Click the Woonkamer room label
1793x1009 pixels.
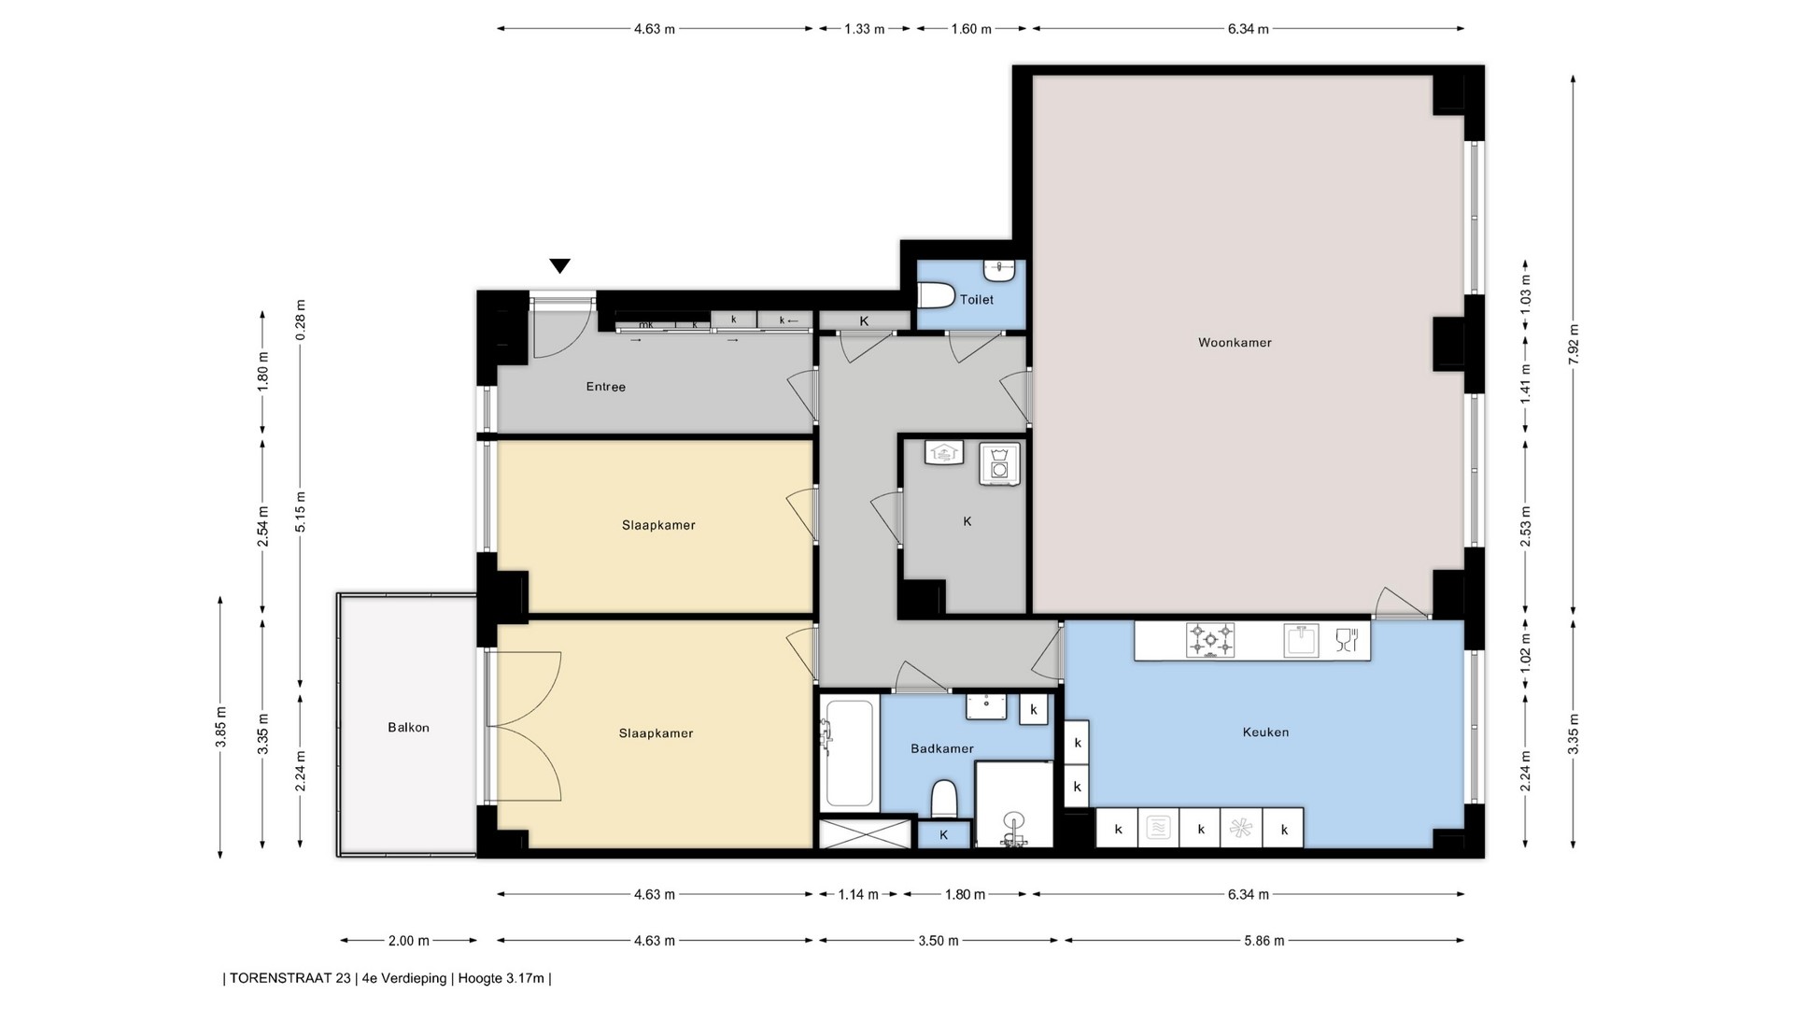coord(1235,343)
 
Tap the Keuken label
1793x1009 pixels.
coord(1266,732)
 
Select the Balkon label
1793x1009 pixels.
coord(408,728)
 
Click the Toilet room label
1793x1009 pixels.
coord(977,300)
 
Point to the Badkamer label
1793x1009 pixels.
coord(942,748)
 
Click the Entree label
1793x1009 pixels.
coord(606,387)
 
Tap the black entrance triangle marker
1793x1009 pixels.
coord(559,266)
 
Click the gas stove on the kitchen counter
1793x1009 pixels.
coord(1210,641)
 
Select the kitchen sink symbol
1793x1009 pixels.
coord(1301,640)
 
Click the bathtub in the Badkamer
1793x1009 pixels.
coord(849,754)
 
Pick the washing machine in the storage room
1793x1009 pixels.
coord(999,463)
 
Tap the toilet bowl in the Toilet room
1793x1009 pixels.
coord(935,296)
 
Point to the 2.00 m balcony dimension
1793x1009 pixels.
coord(409,941)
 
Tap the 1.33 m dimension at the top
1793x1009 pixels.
coord(864,29)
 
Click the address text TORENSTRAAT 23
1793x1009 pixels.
coord(290,979)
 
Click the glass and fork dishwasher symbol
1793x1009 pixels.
coord(1347,640)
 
